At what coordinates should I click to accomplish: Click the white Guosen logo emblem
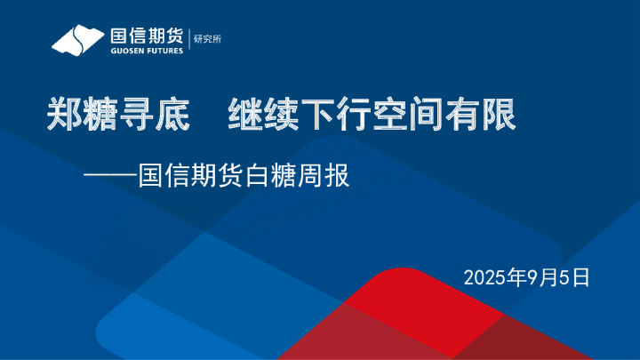tap(78, 40)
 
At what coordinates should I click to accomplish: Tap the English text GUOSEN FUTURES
tap(147, 51)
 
